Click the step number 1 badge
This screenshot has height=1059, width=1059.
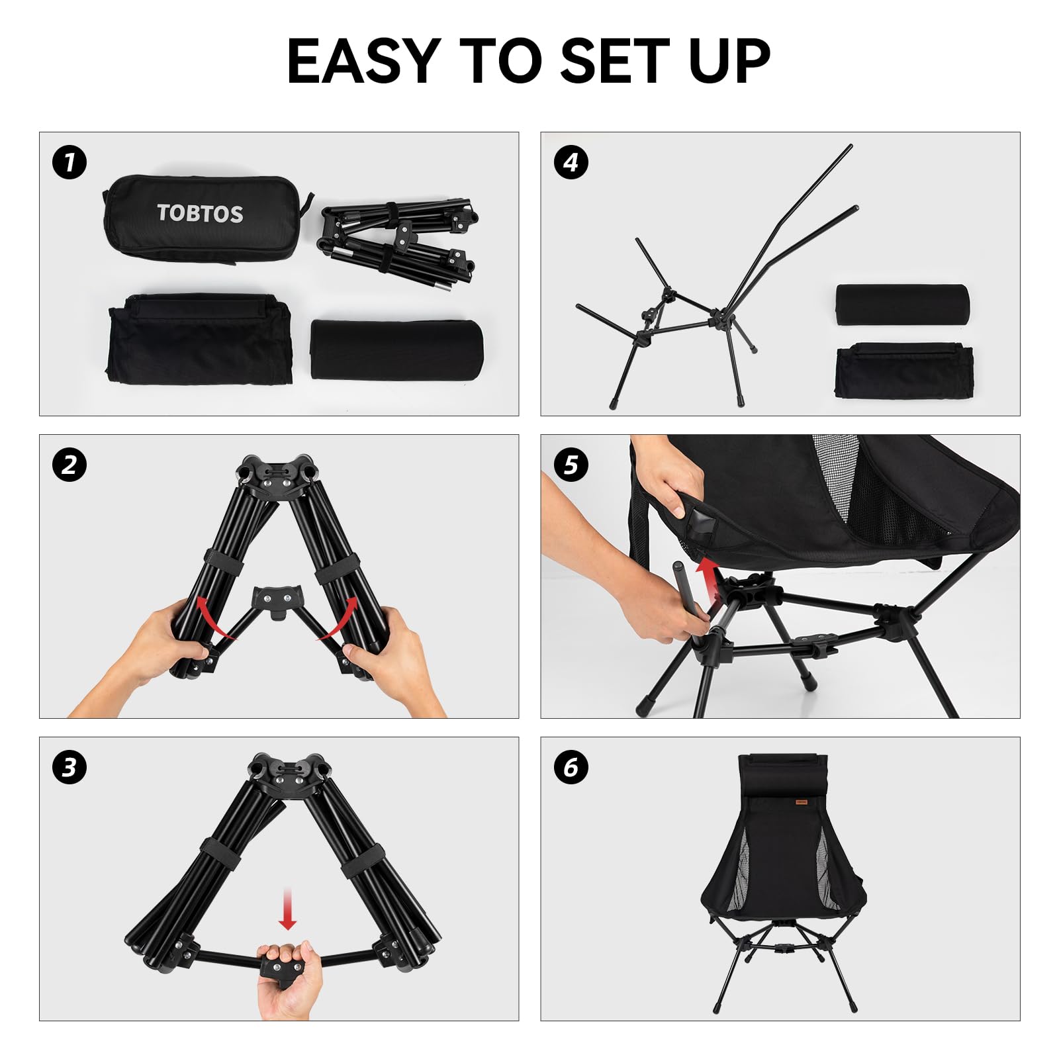click(69, 163)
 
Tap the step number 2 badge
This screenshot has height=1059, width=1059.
click(69, 465)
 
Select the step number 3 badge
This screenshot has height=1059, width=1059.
click(69, 768)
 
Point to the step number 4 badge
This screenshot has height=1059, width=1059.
click(571, 163)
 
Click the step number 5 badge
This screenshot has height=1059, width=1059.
click(571, 465)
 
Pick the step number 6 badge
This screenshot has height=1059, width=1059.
click(571, 768)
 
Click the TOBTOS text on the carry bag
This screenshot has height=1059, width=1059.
click(200, 213)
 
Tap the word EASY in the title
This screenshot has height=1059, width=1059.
click(364, 61)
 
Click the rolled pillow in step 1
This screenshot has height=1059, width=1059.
click(396, 350)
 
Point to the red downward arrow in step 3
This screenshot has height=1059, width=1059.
click(287, 910)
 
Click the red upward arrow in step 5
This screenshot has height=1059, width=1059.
click(709, 580)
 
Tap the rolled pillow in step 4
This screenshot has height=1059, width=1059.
click(901, 304)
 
